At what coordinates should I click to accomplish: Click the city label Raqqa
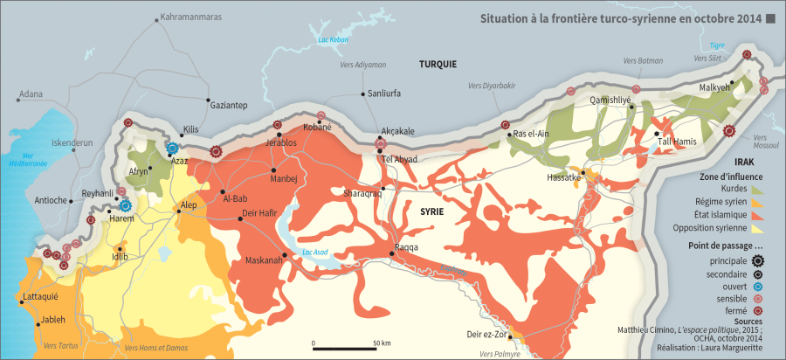(406, 247)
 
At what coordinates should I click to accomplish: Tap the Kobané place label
(317, 127)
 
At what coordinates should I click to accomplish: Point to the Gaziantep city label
(230, 105)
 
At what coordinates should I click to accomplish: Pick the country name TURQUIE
(438, 64)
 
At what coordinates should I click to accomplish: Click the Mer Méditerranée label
(28, 160)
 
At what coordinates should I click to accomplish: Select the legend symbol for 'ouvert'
(757, 285)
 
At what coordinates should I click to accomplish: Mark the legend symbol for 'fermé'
(757, 309)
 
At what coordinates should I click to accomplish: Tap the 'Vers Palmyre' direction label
(501, 354)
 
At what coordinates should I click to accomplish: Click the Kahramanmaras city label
(189, 17)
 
